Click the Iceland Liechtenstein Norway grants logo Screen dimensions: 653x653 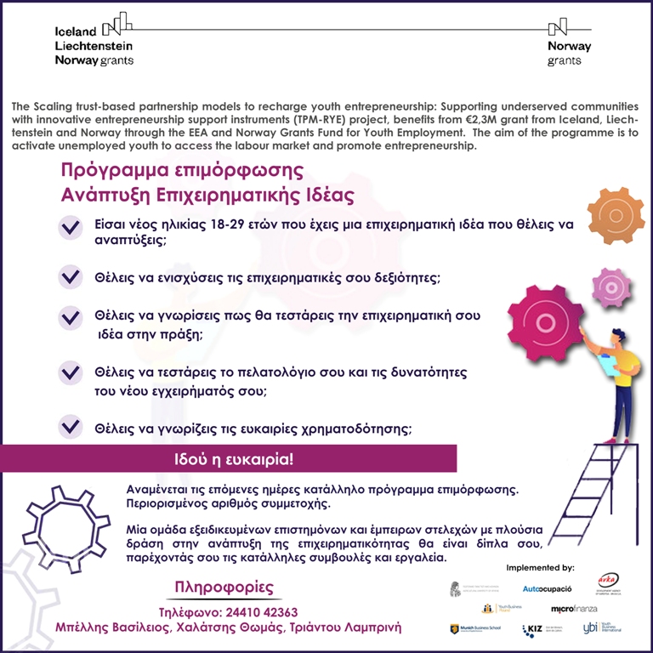pos(94,40)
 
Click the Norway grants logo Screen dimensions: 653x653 pos(569,43)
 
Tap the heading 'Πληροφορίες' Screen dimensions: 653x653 pos(224,588)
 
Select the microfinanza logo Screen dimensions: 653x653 pos(574,609)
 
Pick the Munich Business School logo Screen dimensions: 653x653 pos(476,629)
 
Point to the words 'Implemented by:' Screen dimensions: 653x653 pos(540,566)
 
